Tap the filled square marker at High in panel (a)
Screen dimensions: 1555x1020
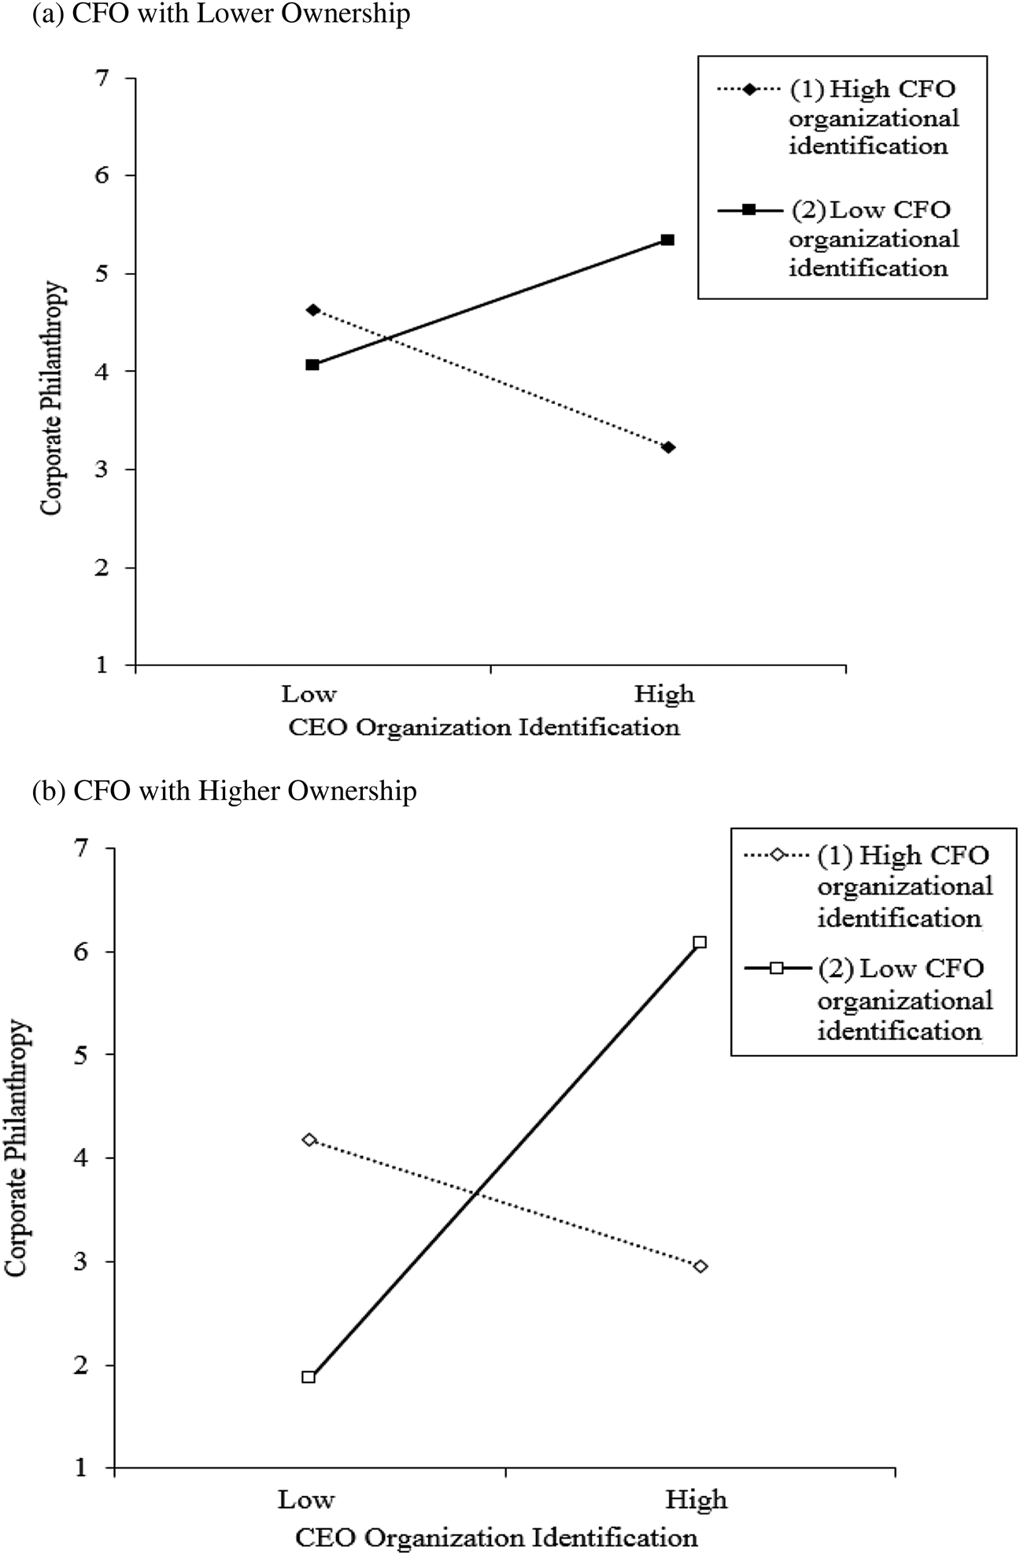click(667, 239)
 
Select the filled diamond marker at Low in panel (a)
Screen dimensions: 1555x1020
click(313, 309)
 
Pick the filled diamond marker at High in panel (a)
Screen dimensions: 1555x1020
click(668, 447)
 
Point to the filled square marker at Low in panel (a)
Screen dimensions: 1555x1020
click(312, 365)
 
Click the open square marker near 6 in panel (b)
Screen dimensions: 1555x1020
click(700, 942)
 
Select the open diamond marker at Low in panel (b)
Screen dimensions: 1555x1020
click(309, 1139)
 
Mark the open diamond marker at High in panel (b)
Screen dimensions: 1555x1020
click(700, 1266)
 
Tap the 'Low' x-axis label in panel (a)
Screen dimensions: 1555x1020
click(309, 694)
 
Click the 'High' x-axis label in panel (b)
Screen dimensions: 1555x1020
click(697, 1499)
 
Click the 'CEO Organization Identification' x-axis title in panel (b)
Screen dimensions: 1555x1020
click(497, 1534)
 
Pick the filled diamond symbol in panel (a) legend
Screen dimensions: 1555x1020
click(748, 89)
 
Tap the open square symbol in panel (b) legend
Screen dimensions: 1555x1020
click(777, 968)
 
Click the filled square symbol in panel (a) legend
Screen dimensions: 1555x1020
click(748, 209)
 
